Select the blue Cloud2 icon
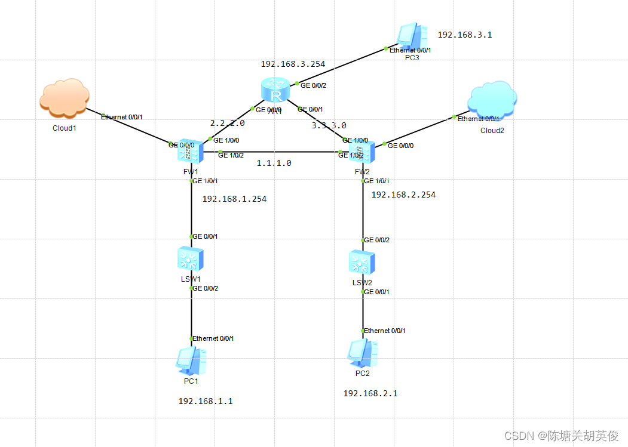[x=493, y=100]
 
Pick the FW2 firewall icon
[x=362, y=153]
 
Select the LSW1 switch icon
[x=191, y=259]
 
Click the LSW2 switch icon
[x=362, y=261]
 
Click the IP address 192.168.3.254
[x=293, y=63]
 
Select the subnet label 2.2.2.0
[x=227, y=123]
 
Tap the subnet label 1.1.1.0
[x=274, y=163]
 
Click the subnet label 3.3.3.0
[x=329, y=126]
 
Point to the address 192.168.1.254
[x=234, y=199]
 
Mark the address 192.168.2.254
[x=403, y=195]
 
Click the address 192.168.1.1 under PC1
[x=205, y=401]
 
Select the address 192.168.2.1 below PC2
[x=370, y=393]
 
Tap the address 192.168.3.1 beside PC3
[x=464, y=35]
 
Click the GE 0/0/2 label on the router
[x=314, y=85]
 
